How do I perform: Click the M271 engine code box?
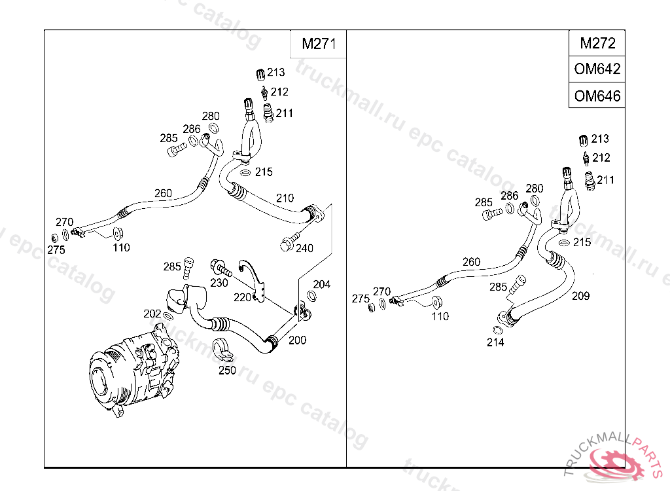pyautogui.click(x=318, y=45)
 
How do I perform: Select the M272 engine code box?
pyautogui.click(x=597, y=44)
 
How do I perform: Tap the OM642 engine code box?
pyautogui.click(x=597, y=69)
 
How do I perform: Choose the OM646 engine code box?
pyautogui.click(x=597, y=96)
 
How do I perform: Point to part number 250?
pyautogui.click(x=227, y=371)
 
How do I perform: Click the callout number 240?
pyautogui.click(x=305, y=248)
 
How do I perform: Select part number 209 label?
pyautogui.click(x=580, y=296)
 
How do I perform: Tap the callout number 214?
pyautogui.click(x=495, y=342)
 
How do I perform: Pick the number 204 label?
pyautogui.click(x=321, y=284)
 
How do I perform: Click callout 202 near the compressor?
pyautogui.click(x=152, y=313)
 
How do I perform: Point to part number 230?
pyautogui.click(x=219, y=283)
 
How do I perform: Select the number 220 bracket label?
pyautogui.click(x=242, y=297)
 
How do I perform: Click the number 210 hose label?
pyautogui.click(x=285, y=198)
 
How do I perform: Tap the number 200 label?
pyautogui.click(x=297, y=340)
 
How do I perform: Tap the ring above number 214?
pyautogui.click(x=497, y=329)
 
